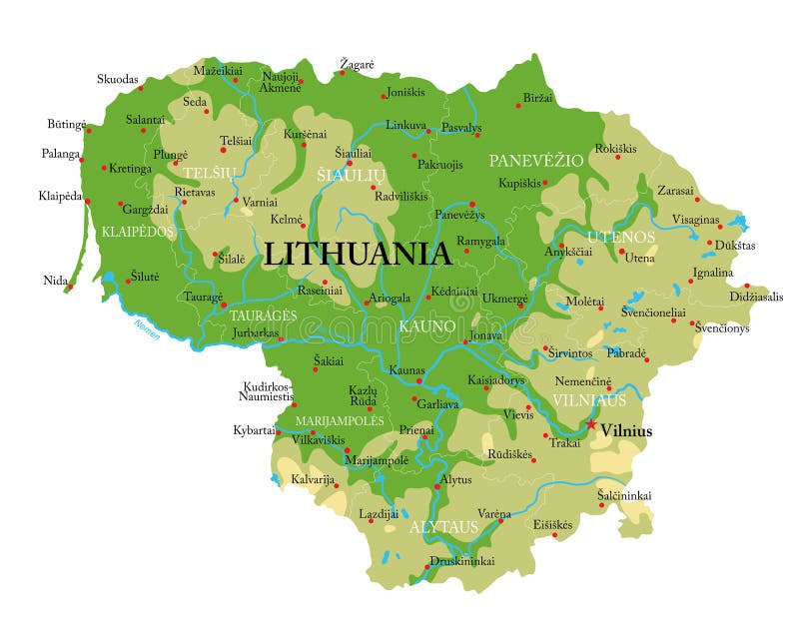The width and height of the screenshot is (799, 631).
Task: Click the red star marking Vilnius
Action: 591,424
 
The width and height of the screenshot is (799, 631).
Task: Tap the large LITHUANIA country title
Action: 357,254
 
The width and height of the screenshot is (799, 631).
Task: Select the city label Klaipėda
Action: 60,196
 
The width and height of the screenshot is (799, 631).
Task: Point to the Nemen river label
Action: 146,328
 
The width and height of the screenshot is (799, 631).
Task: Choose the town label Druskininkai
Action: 461,561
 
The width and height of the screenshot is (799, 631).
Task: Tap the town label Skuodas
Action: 118,79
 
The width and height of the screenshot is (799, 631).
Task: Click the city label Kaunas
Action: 406,370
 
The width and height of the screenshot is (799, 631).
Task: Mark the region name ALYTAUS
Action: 443,527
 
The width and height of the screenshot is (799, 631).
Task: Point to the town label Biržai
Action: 536,98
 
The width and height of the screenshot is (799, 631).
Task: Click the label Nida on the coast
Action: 55,281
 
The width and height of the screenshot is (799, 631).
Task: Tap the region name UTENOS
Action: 620,237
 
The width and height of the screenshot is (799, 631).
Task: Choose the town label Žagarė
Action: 357,65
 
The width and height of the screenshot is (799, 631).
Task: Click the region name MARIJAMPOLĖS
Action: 339,420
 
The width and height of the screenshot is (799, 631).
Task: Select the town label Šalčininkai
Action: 624,495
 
